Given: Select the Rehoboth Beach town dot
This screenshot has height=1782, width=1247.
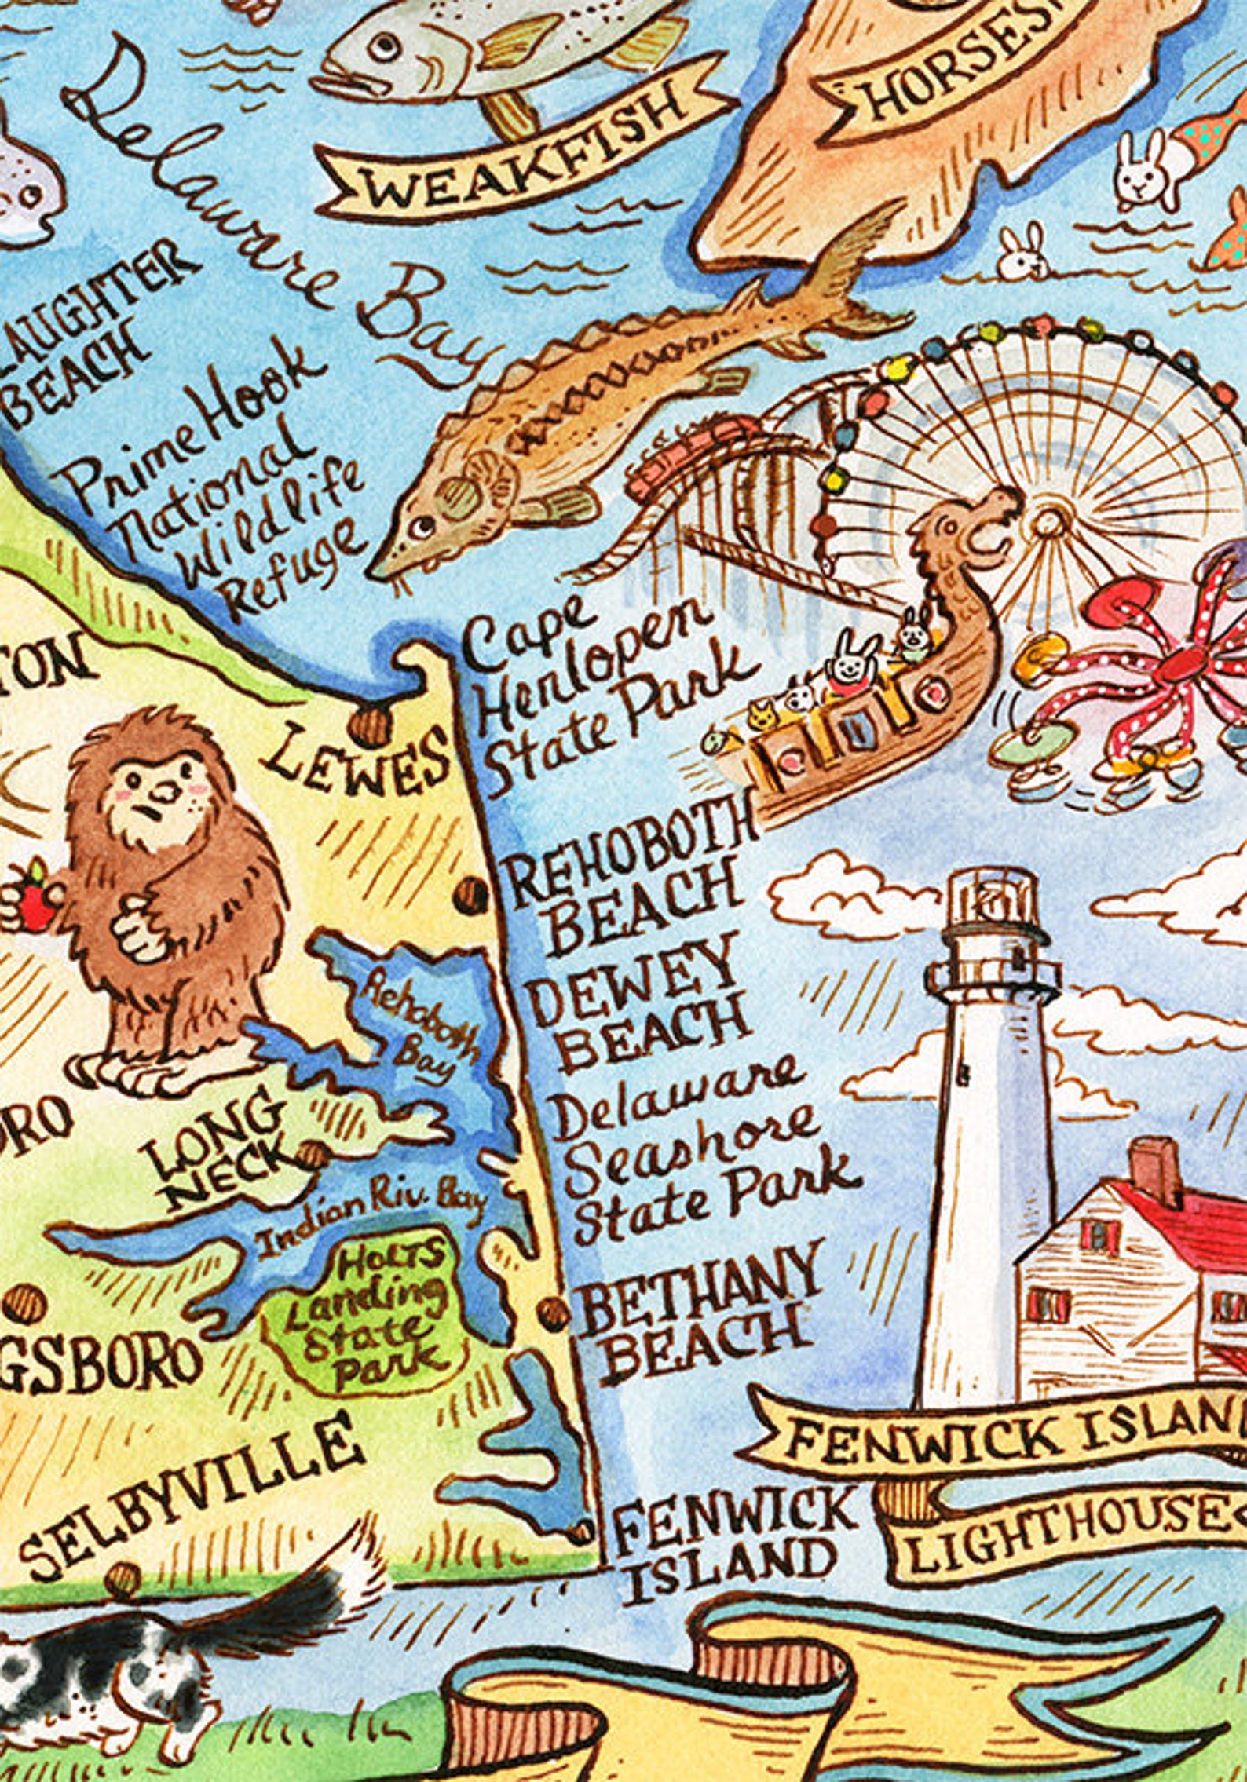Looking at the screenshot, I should click(472, 895).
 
